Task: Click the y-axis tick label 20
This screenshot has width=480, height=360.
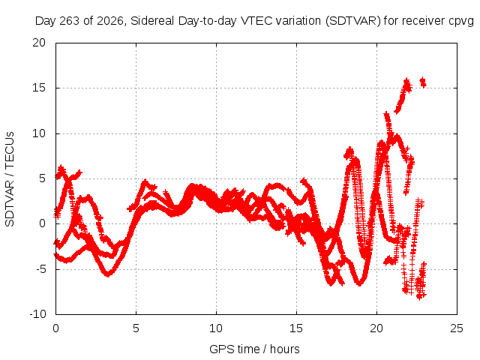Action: pyautogui.click(x=39, y=43)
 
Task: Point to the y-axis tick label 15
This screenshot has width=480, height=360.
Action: pyautogui.click(x=39, y=88)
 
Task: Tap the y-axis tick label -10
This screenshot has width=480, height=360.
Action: pyautogui.click(x=37, y=314)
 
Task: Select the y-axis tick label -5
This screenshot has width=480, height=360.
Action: pyautogui.click(x=40, y=269)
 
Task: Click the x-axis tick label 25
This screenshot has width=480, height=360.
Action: pyautogui.click(x=457, y=328)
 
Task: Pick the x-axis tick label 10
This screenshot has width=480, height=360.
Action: pyautogui.click(x=216, y=328)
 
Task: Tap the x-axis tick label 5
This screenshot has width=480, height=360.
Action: pyautogui.click(x=136, y=328)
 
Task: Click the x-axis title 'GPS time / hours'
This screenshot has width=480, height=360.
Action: pyautogui.click(x=254, y=349)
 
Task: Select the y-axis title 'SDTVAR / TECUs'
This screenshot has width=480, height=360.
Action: pyautogui.click(x=10, y=179)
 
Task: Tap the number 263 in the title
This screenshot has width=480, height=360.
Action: pyautogui.click(x=70, y=21)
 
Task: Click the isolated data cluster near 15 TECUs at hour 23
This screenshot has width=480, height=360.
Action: pyautogui.click(x=423, y=82)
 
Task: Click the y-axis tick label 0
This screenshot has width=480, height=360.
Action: pyautogui.click(x=42, y=223)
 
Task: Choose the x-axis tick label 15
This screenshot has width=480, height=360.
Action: pyautogui.click(x=296, y=328)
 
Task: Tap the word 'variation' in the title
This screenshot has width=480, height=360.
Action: pyautogui.click(x=298, y=21)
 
